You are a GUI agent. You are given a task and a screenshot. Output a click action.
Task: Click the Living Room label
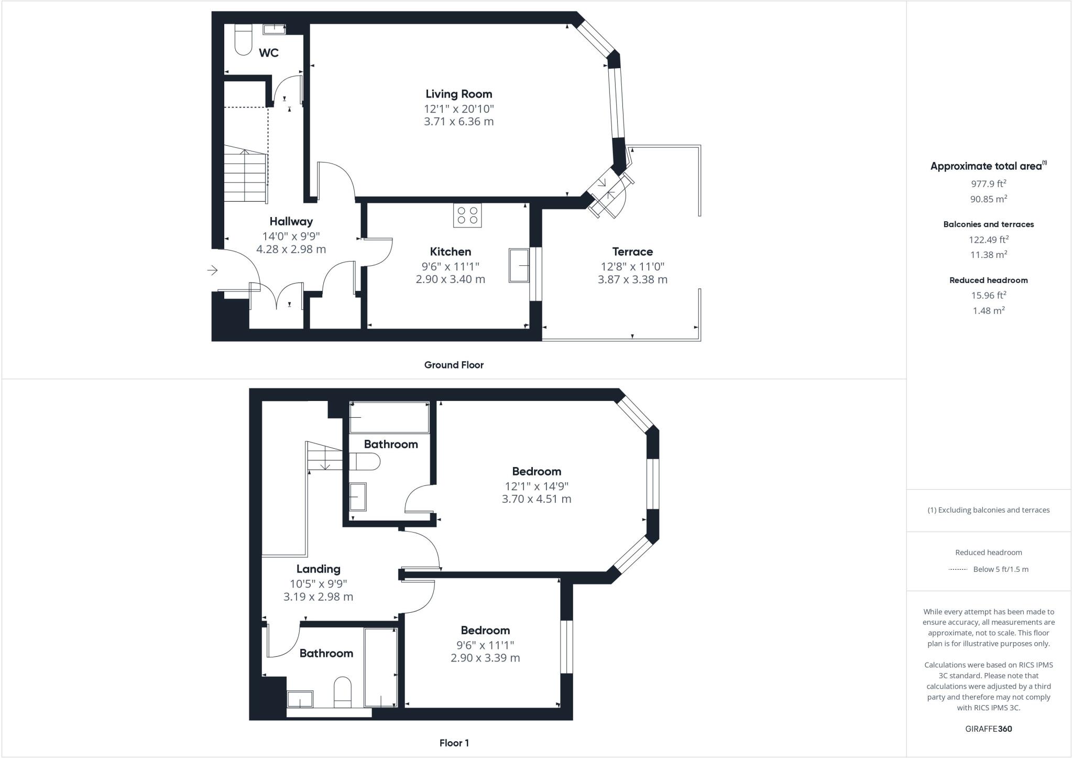pyautogui.click(x=458, y=94)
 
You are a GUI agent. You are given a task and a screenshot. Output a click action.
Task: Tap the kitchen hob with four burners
pyautogui.click(x=467, y=215)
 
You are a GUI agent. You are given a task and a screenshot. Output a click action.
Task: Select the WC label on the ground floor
pyautogui.click(x=269, y=53)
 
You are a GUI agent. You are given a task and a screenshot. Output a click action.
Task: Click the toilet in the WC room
pyautogui.click(x=243, y=40)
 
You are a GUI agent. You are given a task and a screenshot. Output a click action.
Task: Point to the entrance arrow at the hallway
pyautogui.click(x=212, y=270)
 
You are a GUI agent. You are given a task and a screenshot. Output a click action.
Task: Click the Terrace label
pyautogui.click(x=632, y=252)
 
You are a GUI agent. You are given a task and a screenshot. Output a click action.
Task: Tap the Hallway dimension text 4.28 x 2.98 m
pyautogui.click(x=291, y=249)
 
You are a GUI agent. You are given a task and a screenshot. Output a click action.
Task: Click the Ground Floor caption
pyautogui.click(x=454, y=365)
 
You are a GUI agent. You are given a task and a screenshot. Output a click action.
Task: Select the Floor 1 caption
pyautogui.click(x=454, y=743)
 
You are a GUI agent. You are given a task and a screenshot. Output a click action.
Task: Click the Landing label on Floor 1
pyautogui.click(x=318, y=569)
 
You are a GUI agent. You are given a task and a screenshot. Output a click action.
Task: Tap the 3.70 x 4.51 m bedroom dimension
pyautogui.click(x=536, y=499)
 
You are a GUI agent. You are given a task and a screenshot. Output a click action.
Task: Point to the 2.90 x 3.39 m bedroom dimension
pyautogui.click(x=485, y=658)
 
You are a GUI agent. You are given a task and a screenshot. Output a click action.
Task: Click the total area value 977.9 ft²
pyautogui.click(x=988, y=184)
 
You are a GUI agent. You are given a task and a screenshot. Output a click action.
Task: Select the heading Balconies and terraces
pyautogui.click(x=988, y=224)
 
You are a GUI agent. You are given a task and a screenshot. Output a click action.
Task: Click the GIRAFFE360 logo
pyautogui.click(x=988, y=729)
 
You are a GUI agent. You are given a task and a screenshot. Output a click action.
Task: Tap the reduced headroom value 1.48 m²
pyautogui.click(x=988, y=311)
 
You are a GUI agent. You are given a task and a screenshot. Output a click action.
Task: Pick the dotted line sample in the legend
pyautogui.click(x=958, y=569)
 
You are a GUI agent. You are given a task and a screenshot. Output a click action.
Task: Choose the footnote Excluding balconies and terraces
pyautogui.click(x=988, y=510)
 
